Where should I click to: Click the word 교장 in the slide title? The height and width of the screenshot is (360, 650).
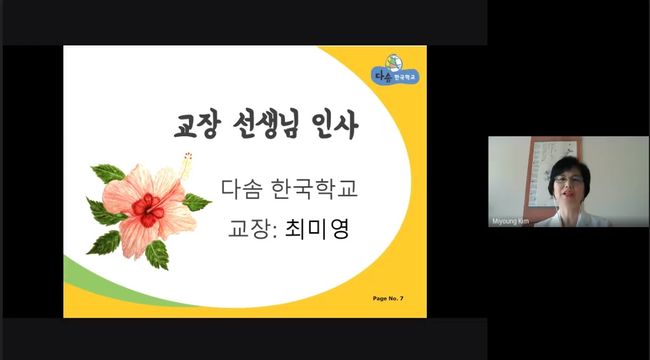point(197,124)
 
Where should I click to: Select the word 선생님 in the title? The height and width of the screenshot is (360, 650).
point(266,124)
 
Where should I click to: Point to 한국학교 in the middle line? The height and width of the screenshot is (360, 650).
point(314,188)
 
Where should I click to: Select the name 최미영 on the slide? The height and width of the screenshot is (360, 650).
point(317,229)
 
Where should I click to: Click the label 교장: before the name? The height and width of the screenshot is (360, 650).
point(252,229)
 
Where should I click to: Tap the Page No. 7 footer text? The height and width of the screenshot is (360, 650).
point(388,298)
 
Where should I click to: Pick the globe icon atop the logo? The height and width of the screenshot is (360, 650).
point(394,63)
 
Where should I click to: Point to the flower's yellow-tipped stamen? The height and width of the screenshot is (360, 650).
point(186,164)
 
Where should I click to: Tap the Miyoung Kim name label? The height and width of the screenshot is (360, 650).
point(510,221)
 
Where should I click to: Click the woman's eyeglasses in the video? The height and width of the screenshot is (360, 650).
point(569,180)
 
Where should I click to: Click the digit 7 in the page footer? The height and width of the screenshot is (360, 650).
point(402,298)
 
